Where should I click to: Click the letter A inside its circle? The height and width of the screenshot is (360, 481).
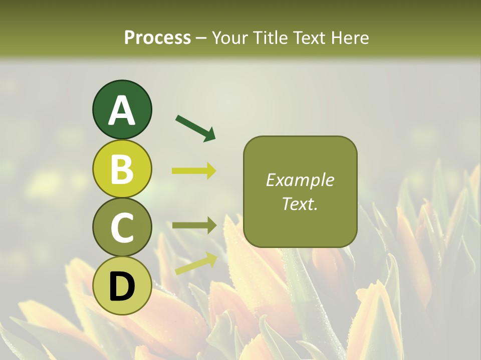point(122,111)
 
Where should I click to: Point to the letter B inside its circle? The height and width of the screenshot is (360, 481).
point(122,170)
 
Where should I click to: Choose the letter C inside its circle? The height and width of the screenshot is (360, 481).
point(122,228)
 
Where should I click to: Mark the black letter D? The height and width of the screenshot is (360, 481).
point(122,286)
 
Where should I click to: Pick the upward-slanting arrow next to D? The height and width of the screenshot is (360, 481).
point(196,263)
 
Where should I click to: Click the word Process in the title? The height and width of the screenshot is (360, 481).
point(157,37)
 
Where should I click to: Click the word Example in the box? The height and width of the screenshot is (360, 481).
point(300,180)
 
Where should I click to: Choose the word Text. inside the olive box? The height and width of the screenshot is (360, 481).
point(300,203)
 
